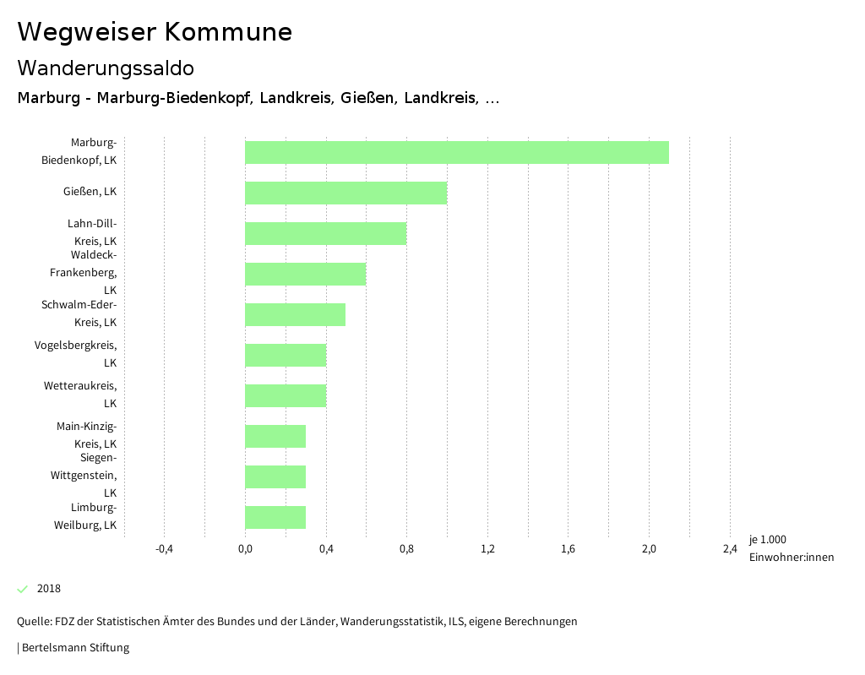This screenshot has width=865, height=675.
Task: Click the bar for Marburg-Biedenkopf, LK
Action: [456, 152]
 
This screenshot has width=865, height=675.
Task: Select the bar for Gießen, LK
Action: [345, 193]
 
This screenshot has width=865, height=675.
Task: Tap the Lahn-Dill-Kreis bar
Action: [325, 233]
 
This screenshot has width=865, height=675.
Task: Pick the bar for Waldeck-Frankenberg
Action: [305, 274]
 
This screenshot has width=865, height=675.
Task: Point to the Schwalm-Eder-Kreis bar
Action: [295, 314]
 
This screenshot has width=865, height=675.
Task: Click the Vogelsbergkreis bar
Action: [285, 355]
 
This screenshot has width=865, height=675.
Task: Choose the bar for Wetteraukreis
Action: [285, 395]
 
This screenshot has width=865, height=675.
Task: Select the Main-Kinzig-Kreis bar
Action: [275, 436]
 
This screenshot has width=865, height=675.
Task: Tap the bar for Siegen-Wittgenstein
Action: [275, 476]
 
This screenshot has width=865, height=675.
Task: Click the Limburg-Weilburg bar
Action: [275, 517]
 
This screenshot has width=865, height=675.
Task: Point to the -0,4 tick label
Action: [165, 549]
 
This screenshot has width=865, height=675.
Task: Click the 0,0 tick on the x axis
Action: [245, 549]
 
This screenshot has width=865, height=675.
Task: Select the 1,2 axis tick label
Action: [487, 549]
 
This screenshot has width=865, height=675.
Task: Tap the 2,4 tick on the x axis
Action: [730, 549]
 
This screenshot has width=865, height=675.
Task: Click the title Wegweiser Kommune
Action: [155, 32]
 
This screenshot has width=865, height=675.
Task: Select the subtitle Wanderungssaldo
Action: [106, 68]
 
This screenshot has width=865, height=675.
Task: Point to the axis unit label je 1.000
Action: [767, 540]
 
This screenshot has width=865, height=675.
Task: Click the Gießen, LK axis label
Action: [90, 192]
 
